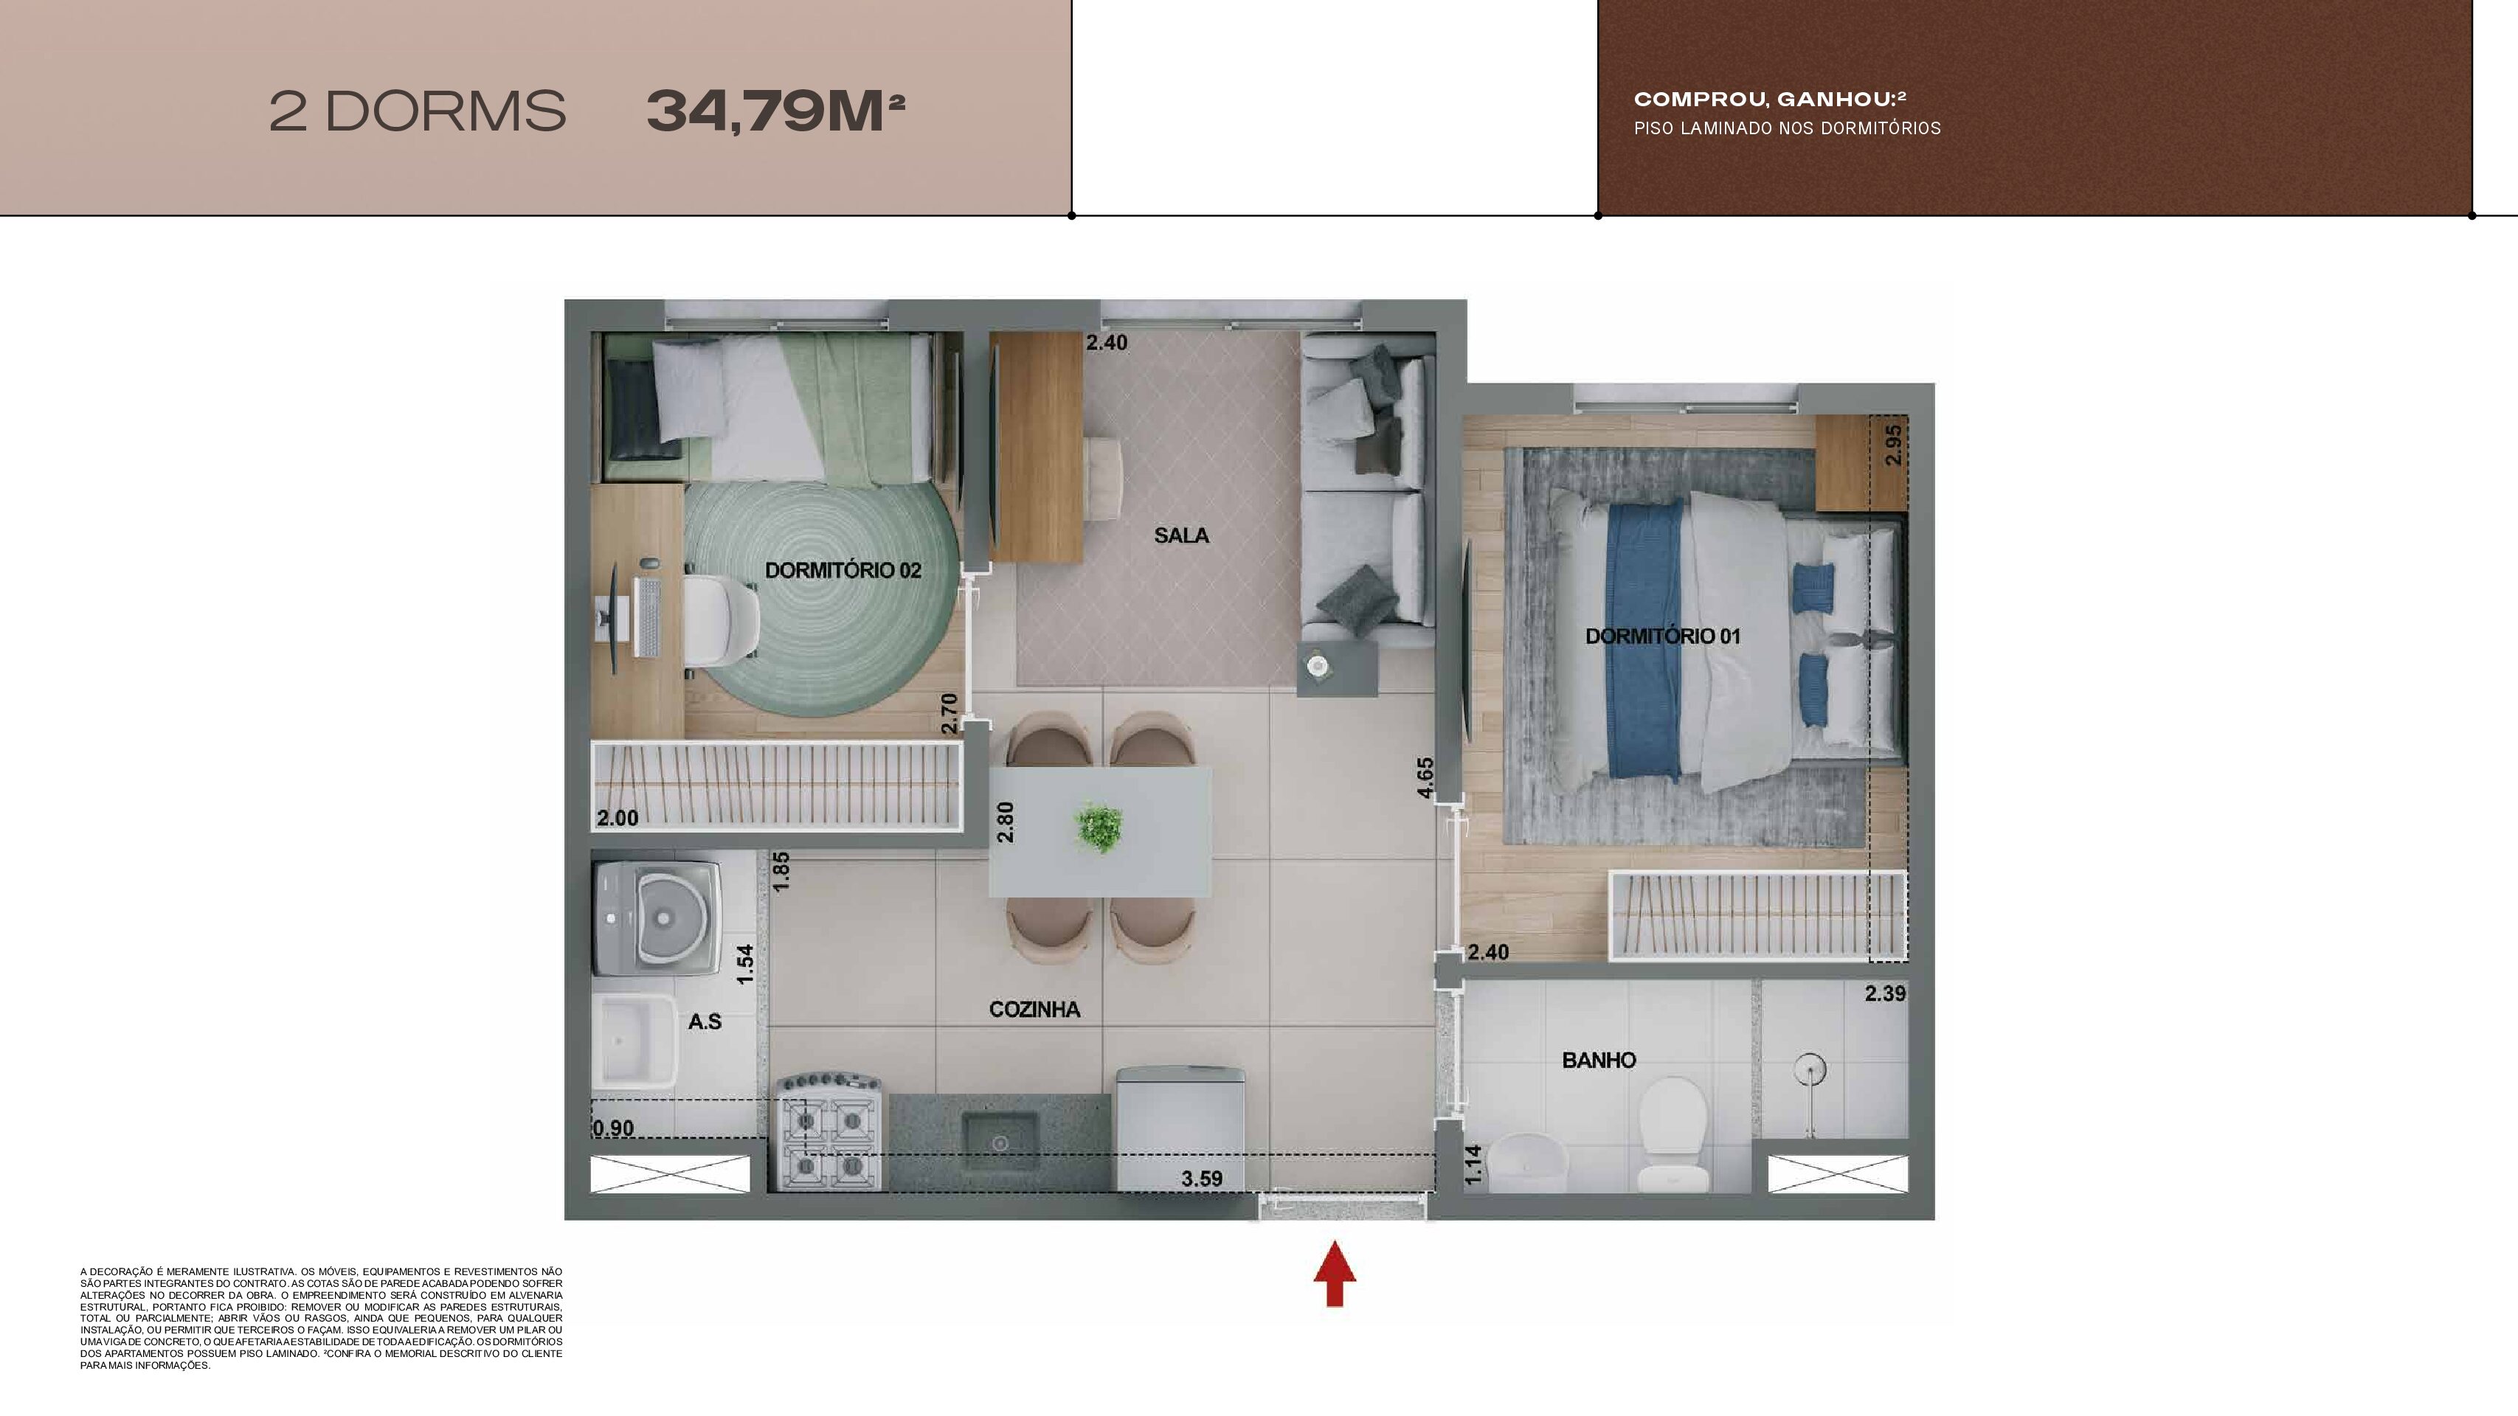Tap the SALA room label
pyautogui.click(x=1181, y=535)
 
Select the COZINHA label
pyautogui.click(x=1034, y=1010)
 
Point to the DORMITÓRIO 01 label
pyautogui.click(x=1663, y=636)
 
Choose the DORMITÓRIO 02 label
pyautogui.click(x=843, y=571)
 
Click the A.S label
pyautogui.click(x=705, y=1022)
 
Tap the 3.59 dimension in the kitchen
pyautogui.click(x=1201, y=1179)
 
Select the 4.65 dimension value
pyautogui.click(x=1425, y=778)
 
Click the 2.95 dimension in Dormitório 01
pyautogui.click(x=1893, y=445)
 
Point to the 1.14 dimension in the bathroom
pyautogui.click(x=1473, y=1165)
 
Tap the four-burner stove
pyautogui.click(x=830, y=1133)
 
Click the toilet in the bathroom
pyautogui.click(x=1673, y=1134)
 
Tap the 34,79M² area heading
pyautogui.click(x=776, y=111)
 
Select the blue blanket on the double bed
pyautogui.click(x=1644, y=640)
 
